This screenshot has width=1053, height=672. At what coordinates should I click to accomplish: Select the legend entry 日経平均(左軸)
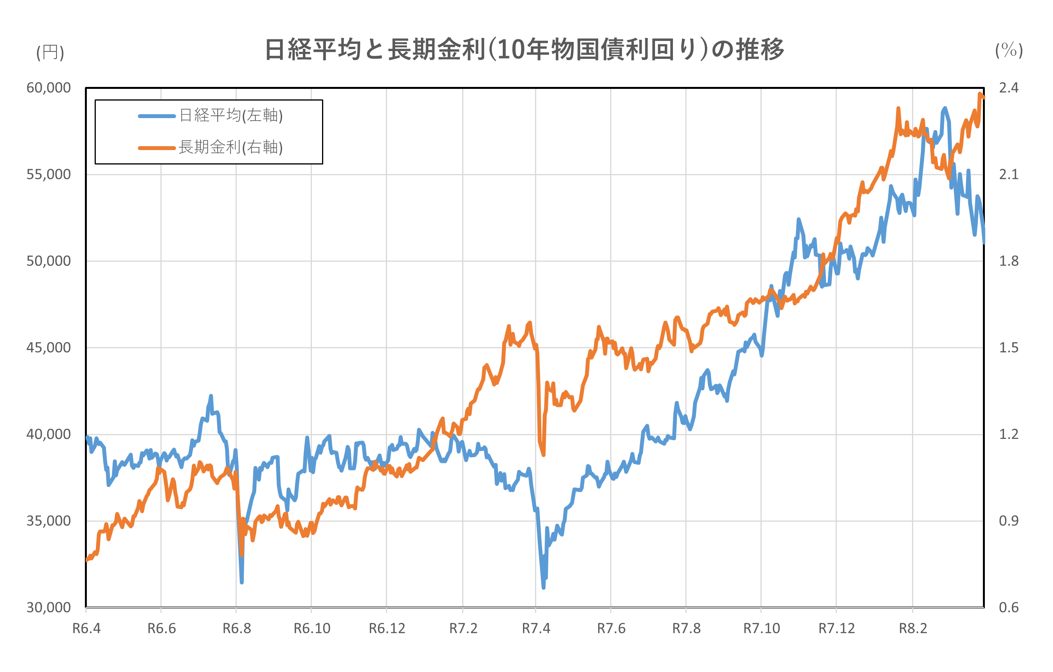coord(231,116)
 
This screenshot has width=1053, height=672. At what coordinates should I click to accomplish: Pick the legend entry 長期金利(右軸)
coord(231,147)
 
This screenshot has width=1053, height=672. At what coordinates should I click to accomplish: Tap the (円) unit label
coord(50,53)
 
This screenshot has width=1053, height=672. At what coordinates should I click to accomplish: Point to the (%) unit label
coord(1009,50)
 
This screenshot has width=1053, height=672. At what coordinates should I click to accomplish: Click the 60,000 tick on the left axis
coord(49,88)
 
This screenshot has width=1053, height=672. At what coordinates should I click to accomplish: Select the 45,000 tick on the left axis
coord(49,348)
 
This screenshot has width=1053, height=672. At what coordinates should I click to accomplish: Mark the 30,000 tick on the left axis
coord(49,608)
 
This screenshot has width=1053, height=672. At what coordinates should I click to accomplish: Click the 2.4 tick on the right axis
coord(1008,88)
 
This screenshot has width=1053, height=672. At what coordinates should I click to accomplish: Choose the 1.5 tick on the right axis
coord(1008,348)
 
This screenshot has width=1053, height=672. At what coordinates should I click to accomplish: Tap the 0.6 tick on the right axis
coord(1008,608)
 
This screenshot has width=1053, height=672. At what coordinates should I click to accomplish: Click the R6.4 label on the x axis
coord(86,629)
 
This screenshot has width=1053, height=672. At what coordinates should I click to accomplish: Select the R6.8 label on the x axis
coord(237,629)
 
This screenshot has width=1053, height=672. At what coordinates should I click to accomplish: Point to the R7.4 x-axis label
coord(536,629)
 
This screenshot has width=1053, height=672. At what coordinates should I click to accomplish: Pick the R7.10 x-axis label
coord(761,629)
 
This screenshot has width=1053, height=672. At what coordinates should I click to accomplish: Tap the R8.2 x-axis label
coord(913,629)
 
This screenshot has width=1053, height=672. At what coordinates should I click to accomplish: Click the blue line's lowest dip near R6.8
coord(241,582)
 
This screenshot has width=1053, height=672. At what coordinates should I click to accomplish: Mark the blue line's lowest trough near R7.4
coord(543,587)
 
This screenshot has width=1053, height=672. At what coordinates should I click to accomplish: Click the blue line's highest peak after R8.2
coord(945,108)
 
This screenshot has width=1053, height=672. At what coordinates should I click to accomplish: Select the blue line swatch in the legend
coord(157,116)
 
